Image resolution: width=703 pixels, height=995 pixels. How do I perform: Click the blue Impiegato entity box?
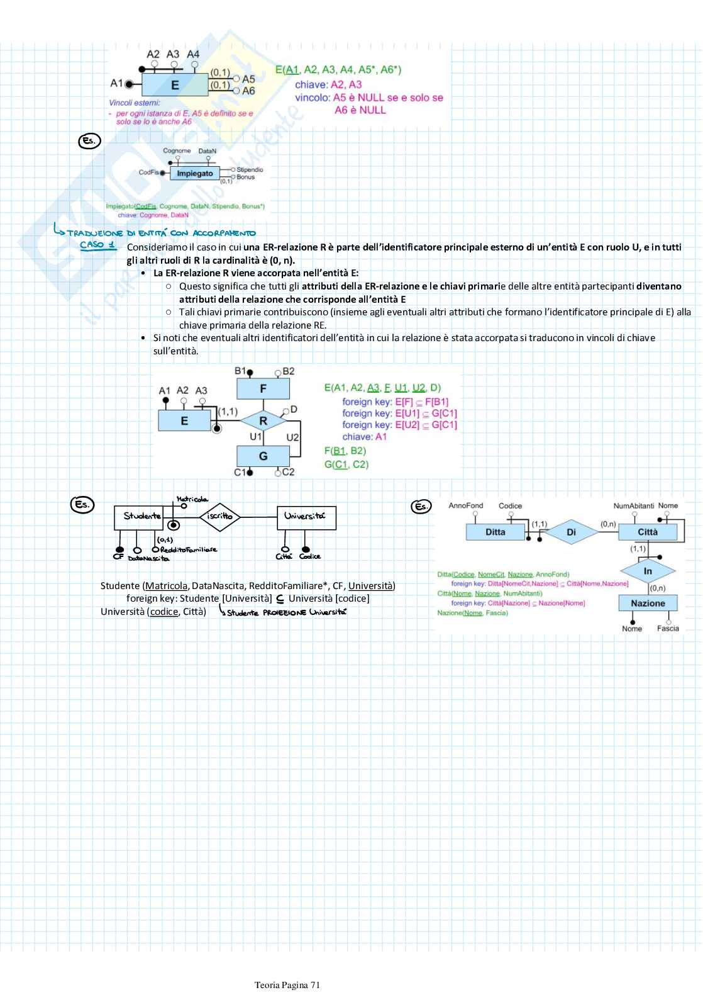[195, 173]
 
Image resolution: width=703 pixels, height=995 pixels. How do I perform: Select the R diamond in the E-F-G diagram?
[263, 420]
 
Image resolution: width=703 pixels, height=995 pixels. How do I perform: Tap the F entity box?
[263, 389]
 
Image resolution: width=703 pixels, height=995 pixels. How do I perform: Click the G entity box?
[263, 456]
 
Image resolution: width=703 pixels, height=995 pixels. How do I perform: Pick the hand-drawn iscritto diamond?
[220, 516]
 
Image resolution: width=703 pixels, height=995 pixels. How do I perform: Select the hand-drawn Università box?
[306, 517]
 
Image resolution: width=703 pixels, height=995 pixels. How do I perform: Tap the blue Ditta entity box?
[495, 532]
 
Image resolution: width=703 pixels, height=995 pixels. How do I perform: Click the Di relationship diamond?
[571, 532]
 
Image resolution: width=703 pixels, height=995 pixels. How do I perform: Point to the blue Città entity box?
[648, 532]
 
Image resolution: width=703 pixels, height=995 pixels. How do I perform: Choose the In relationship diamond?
[648, 571]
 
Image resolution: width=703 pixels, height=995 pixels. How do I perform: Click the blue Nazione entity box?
[648, 603]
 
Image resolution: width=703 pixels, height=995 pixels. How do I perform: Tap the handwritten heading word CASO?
[92, 244]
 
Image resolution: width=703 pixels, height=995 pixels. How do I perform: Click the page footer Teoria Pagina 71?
[287, 985]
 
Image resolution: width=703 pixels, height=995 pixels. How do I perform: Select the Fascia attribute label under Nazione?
[668, 628]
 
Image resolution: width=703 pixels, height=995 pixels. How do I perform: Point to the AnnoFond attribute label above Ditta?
[466, 505]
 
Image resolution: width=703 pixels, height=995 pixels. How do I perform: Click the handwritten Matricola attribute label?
[192, 499]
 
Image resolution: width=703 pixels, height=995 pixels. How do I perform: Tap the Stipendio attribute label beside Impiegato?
[250, 170]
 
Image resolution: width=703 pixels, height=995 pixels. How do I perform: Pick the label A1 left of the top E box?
[116, 83]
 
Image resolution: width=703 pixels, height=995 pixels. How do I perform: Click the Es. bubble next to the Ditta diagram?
[421, 506]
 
